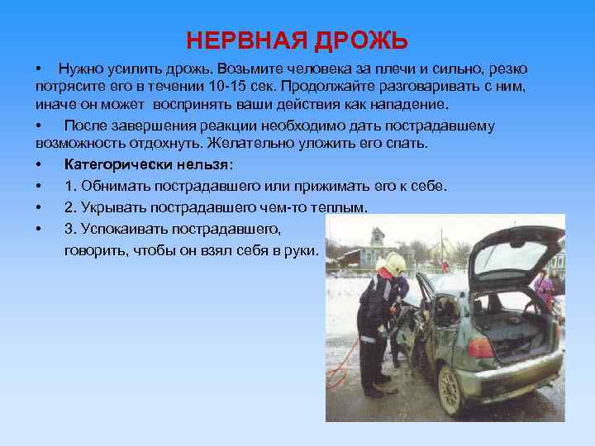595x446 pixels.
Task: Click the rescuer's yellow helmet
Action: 394,263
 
